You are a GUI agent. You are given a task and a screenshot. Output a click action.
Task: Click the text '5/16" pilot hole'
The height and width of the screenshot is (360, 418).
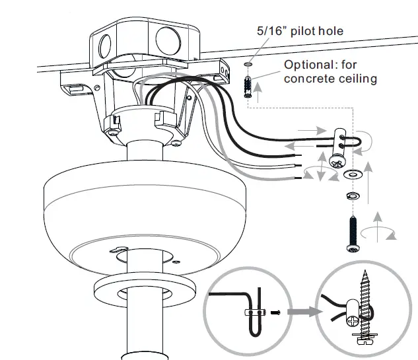300,31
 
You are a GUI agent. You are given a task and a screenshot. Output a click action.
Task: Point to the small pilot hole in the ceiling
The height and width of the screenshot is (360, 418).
248,65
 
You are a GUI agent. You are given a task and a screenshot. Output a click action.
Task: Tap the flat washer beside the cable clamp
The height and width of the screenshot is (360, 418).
351,174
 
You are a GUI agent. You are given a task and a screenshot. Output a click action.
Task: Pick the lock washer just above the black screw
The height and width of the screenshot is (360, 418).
351,196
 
